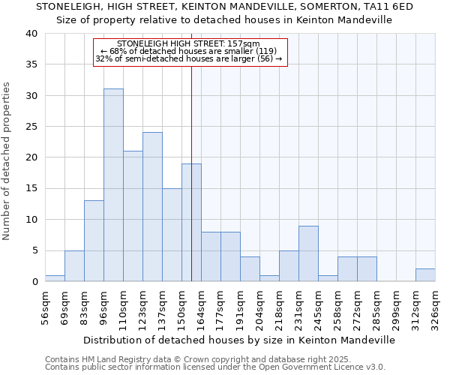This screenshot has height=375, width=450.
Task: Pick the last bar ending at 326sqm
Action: [x=425, y=275]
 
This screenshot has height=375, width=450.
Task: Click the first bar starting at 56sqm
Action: [x=55, y=278]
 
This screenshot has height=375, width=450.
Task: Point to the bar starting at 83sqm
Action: [x=94, y=241]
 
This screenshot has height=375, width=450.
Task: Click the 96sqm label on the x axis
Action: [x=104, y=308]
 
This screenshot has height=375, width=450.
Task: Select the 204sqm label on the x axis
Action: [x=260, y=308]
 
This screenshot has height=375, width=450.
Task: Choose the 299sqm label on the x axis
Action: [x=397, y=308]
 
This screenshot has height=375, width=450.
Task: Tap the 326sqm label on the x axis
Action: [x=435, y=308]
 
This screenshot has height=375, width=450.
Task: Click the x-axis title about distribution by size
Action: [x=238, y=340]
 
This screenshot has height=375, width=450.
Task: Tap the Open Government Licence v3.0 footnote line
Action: [x=215, y=367]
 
